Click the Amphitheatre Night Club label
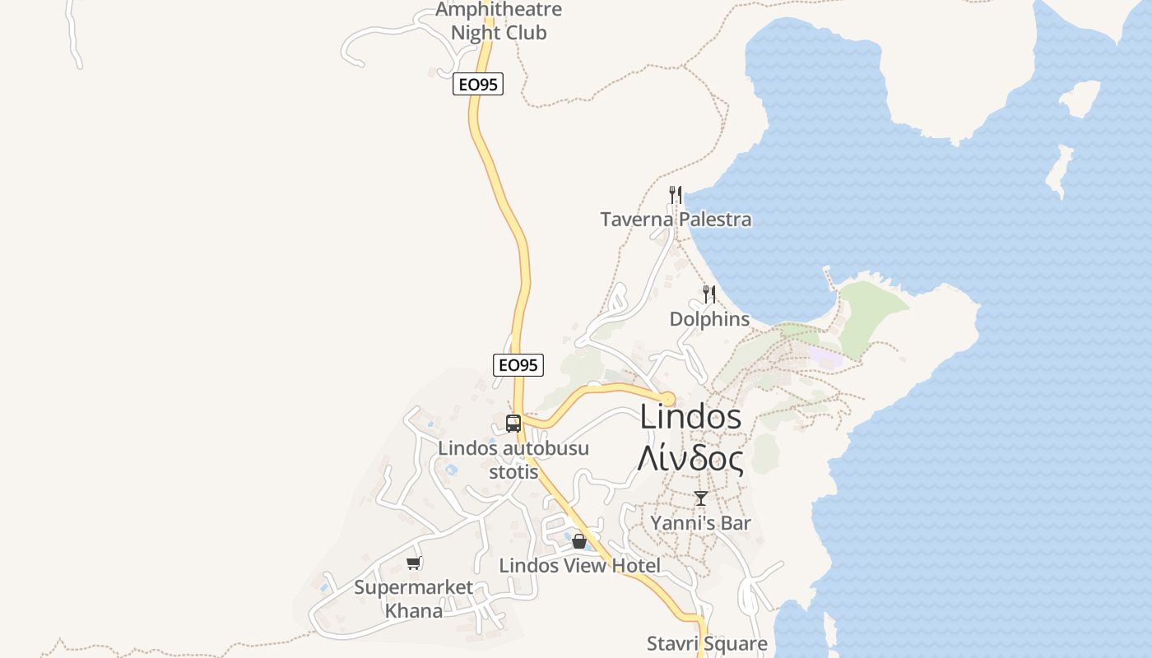499,21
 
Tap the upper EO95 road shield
477,84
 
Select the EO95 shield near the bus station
518,364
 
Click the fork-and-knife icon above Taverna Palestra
675,195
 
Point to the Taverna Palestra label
676,220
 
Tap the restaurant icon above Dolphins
708,294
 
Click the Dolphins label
709,319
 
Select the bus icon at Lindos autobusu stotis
513,424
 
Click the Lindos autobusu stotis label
513,460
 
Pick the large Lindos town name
690,417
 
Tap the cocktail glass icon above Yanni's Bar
700,498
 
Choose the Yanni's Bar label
700,523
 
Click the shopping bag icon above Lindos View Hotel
579,541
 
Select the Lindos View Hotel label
579,566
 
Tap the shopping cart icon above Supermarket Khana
414,563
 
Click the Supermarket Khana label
414,599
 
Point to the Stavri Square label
707,643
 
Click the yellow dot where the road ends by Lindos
667,399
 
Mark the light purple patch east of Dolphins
825,357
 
